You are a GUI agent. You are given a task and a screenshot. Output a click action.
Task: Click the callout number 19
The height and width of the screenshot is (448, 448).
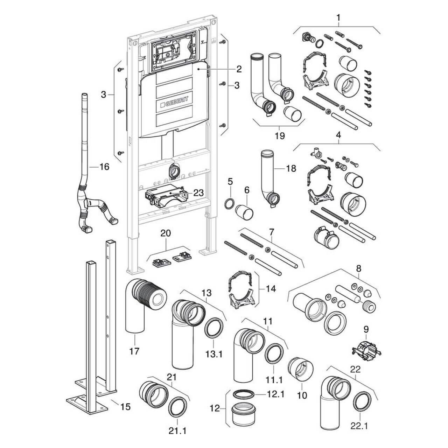tap(280, 136)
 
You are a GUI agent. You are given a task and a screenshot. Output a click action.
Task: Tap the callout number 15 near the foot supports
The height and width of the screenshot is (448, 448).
tap(125, 406)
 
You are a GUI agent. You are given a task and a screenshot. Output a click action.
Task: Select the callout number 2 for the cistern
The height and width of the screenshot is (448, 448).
tap(239, 69)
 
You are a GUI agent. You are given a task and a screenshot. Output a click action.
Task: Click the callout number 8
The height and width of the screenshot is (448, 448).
tap(359, 268)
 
